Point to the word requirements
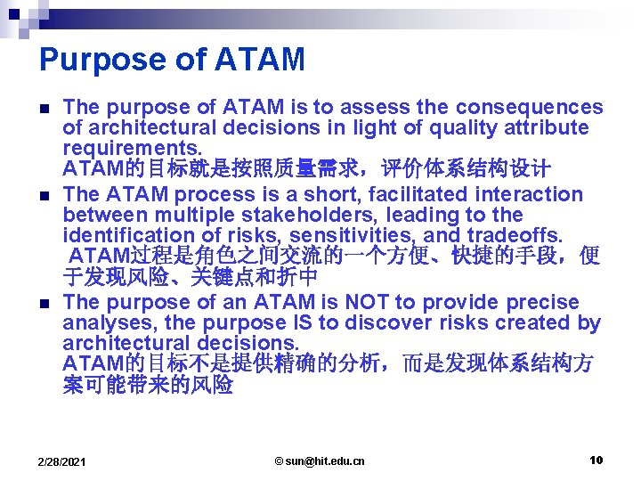133,149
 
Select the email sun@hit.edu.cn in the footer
320,461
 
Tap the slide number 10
596,460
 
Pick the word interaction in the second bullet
530,194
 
